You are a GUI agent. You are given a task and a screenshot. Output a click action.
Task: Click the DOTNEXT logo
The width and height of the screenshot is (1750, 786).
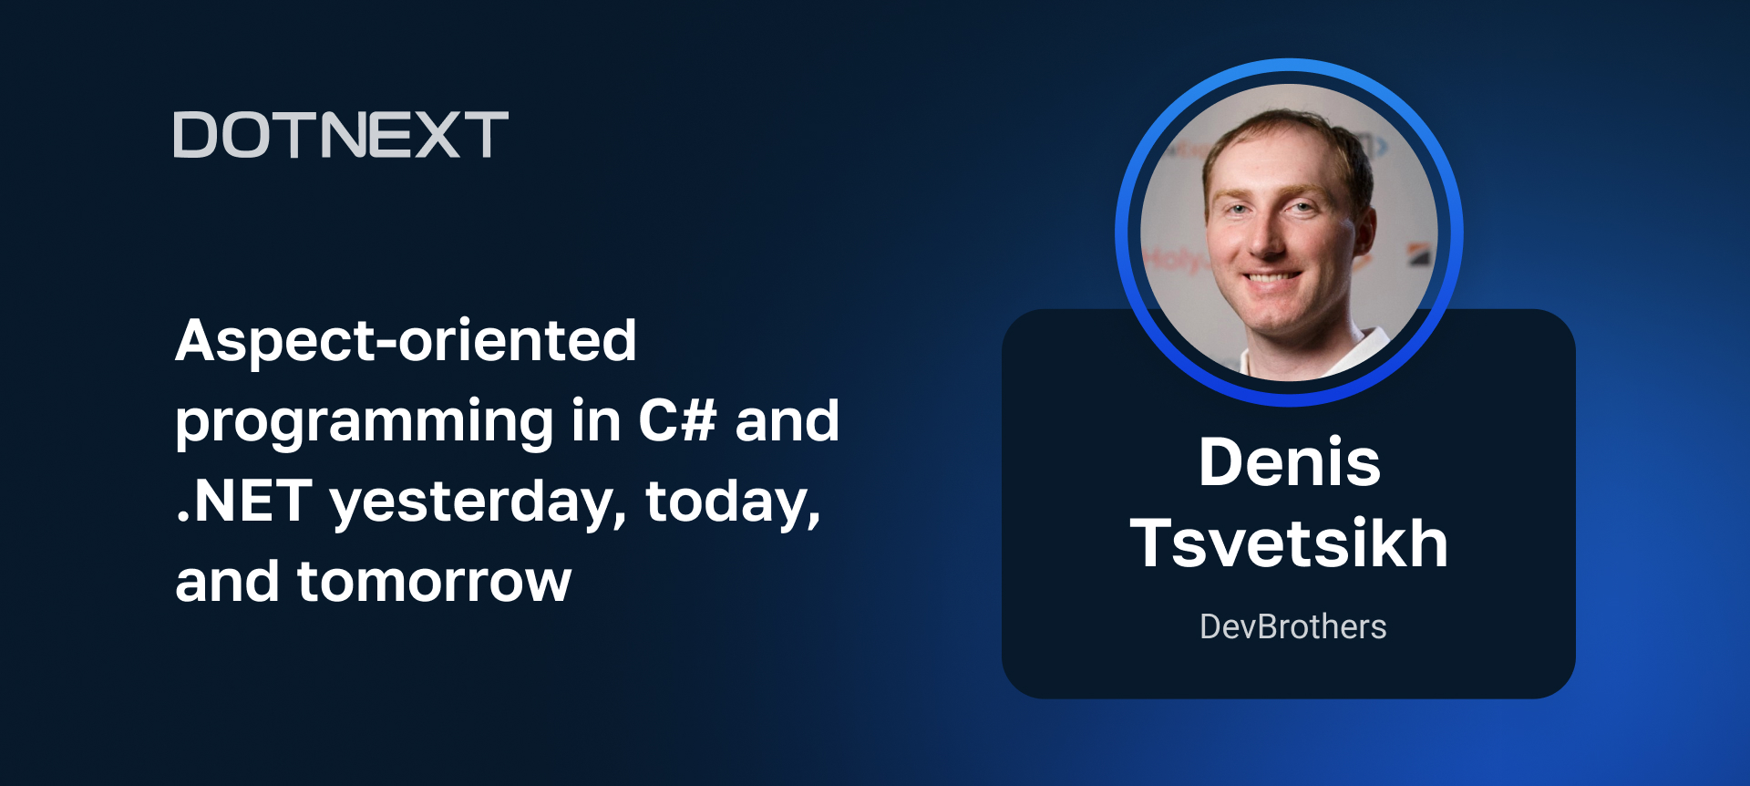341,135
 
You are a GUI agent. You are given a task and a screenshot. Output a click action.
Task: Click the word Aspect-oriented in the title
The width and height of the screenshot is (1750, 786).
406,341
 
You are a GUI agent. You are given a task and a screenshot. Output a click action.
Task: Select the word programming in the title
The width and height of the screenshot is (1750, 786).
364,423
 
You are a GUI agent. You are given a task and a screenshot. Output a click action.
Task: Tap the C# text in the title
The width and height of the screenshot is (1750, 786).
676,421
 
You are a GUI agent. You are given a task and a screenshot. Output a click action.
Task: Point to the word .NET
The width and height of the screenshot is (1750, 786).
244,502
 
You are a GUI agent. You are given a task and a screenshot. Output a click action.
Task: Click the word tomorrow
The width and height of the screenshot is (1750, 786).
434,582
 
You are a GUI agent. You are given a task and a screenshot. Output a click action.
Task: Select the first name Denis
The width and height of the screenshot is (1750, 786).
1289,462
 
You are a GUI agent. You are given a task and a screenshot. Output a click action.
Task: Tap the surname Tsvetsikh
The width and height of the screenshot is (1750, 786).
1289,543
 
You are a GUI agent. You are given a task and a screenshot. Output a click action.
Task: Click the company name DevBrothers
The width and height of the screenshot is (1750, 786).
1292,626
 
